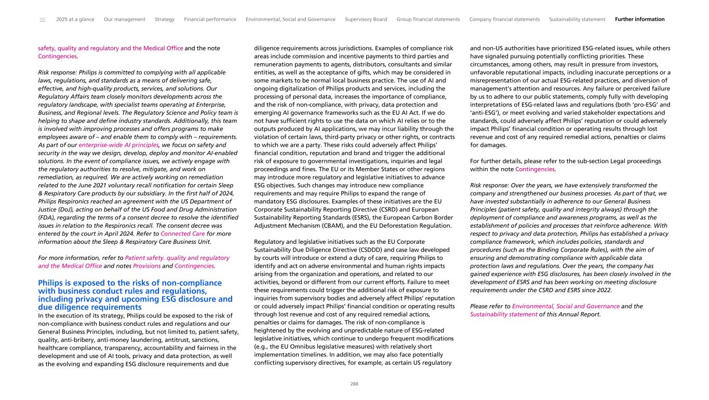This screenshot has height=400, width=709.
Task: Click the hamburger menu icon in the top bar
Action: click(x=42, y=20)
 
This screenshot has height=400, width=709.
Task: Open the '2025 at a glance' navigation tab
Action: click(x=75, y=19)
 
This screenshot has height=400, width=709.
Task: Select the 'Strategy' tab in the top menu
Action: click(x=165, y=19)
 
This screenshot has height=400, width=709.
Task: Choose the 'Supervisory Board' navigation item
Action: click(x=366, y=19)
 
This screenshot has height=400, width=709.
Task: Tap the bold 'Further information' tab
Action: click(x=639, y=19)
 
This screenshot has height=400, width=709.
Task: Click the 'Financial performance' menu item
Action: click(x=210, y=19)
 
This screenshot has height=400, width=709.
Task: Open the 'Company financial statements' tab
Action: click(x=504, y=19)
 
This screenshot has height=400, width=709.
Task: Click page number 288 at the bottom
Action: click(x=354, y=384)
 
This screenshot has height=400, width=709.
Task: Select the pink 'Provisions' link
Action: click(x=147, y=266)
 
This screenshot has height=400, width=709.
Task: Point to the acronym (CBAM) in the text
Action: click(x=335, y=226)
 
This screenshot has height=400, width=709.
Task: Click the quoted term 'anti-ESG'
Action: click(x=489, y=113)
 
